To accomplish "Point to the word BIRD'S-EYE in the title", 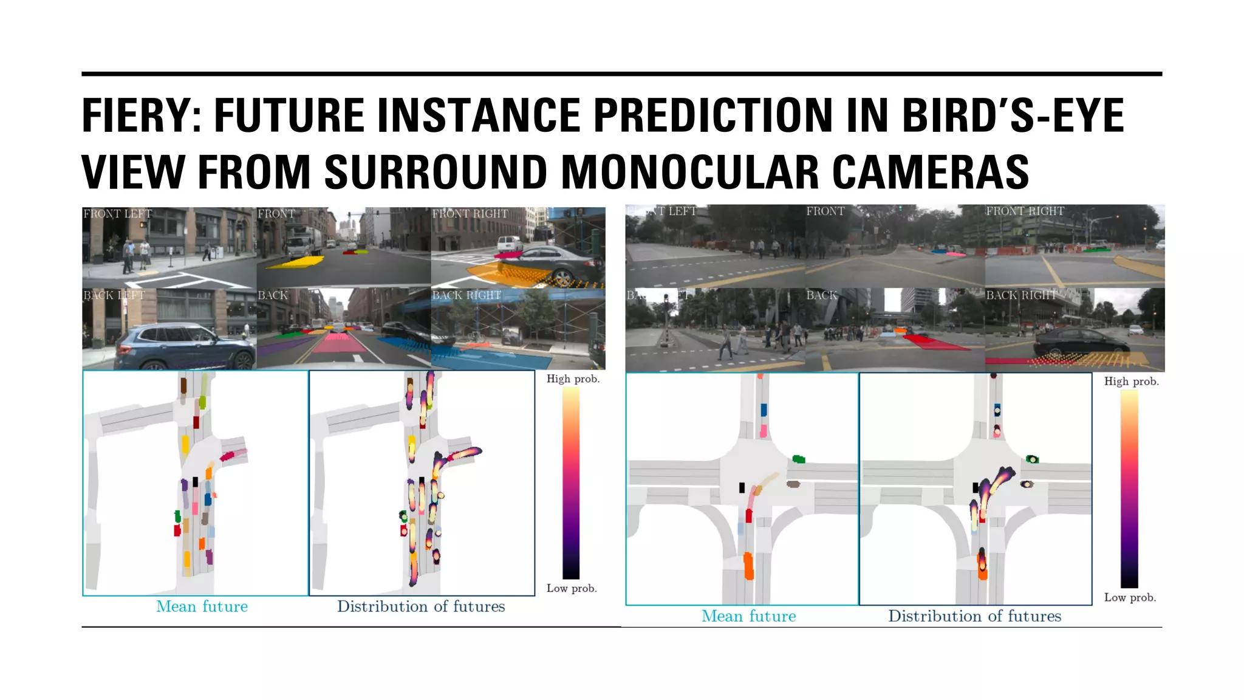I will click(1013, 115).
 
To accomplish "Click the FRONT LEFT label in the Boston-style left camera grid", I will click(117, 214).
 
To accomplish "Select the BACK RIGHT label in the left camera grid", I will click(466, 295).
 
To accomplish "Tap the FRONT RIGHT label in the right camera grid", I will click(1025, 211).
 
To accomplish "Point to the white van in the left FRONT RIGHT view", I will click(509, 244).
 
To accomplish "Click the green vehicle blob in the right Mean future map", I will click(799, 459).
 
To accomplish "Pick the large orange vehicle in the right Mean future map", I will click(748, 566).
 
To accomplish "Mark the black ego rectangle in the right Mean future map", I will click(742, 487).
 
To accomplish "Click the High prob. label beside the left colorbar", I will click(572, 379).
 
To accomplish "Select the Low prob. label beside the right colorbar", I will click(1130, 598).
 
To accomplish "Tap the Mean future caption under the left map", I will click(202, 606).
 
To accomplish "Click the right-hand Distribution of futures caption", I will click(974, 616).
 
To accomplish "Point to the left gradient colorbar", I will click(570, 483).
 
